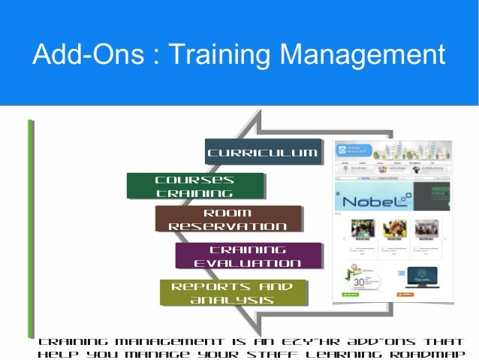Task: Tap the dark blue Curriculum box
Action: (262, 153)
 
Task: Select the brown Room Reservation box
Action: (227, 219)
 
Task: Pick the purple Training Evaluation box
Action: (248, 256)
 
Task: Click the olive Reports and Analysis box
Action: (232, 292)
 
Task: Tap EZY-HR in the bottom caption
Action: (297, 340)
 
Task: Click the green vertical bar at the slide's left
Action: (31, 225)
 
